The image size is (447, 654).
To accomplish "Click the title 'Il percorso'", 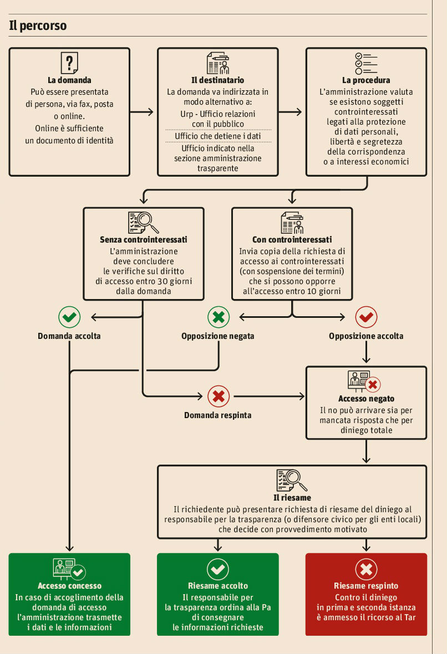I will point(38,25).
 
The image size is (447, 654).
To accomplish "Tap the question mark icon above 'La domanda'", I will point(69,63).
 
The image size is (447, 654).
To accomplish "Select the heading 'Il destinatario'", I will point(217,80).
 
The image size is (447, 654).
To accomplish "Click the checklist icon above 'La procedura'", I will point(366,64).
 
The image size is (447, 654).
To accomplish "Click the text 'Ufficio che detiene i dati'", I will point(217,136).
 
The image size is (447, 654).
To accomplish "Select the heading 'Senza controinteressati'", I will point(143,240).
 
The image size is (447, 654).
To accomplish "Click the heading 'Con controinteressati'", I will point(292,240).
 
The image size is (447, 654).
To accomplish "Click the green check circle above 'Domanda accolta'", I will point(69,317).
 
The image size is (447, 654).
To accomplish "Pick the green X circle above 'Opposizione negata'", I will point(218,317).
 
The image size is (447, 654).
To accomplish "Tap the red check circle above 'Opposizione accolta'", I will point(366,317).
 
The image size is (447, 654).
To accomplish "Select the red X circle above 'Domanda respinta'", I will point(218,396).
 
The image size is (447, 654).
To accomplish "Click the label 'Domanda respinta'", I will point(218,415).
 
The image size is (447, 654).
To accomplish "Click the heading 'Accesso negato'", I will point(366,399).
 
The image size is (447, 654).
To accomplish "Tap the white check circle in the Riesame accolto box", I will point(218,569).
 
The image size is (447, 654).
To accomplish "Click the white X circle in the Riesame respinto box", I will point(366,569).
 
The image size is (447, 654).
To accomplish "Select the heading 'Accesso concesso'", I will point(69,585).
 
